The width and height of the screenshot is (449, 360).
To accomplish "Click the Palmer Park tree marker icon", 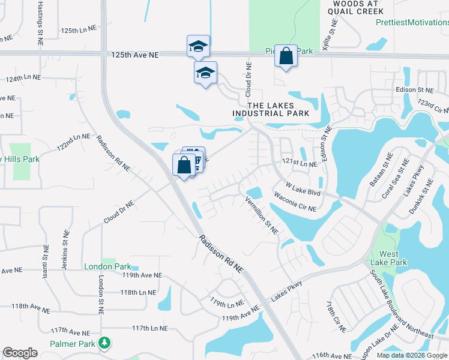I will pyautogui.click(x=106, y=343).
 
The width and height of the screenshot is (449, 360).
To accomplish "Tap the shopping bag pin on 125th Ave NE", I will pyautogui.click(x=286, y=56).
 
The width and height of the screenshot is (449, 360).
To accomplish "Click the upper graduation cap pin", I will pyautogui.click(x=198, y=46).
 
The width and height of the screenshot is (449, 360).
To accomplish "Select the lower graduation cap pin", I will pyautogui.click(x=205, y=73).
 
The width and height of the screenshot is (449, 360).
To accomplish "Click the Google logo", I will pyautogui.click(x=20, y=353).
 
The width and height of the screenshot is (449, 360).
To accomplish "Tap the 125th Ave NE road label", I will pyautogui.click(x=135, y=55).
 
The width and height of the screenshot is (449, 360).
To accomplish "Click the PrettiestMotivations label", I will pyautogui.click(x=412, y=22).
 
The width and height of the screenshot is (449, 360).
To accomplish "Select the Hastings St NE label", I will pyautogui.click(x=40, y=24).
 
